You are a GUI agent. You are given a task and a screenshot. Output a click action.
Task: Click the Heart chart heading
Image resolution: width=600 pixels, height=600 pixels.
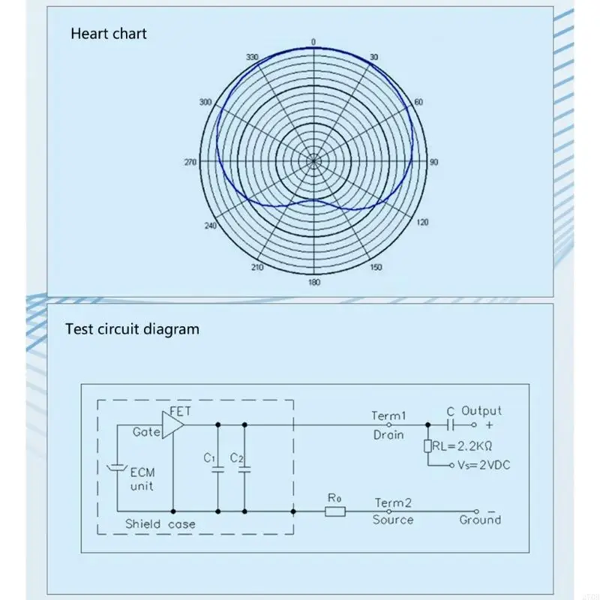(109, 33)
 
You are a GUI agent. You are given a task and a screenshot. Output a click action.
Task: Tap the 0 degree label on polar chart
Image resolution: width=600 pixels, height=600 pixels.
(313, 42)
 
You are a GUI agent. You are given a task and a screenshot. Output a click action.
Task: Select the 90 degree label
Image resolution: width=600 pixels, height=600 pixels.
(433, 162)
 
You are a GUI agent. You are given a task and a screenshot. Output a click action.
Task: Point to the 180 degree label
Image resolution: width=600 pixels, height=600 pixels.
(313, 283)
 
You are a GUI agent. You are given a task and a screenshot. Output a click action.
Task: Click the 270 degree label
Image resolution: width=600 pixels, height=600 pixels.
(190, 162)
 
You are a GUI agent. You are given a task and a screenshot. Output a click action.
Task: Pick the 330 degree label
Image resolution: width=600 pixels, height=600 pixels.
(251, 58)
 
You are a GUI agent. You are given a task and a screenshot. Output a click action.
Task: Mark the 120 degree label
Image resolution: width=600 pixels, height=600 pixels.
(422, 223)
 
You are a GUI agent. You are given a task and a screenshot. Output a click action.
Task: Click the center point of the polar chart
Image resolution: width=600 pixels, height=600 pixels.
(313, 160)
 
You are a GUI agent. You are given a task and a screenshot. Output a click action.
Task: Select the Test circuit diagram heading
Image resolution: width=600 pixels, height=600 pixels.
(132, 328)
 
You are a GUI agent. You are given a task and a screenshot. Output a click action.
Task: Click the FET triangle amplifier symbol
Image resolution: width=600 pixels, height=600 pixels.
(172, 424)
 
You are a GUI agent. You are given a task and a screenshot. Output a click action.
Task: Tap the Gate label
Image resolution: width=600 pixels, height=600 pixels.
(145, 432)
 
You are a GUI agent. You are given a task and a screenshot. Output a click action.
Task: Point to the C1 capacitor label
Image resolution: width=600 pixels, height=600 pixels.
(209, 457)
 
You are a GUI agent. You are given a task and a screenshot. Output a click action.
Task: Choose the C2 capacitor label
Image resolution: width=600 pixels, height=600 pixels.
(236, 457)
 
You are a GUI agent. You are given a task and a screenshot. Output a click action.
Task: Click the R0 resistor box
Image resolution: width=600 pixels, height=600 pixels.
(335, 511)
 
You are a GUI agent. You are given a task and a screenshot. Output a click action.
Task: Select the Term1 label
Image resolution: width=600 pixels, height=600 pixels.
(388, 415)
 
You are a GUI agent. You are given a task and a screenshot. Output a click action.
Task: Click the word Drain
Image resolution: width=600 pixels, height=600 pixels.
(388, 434)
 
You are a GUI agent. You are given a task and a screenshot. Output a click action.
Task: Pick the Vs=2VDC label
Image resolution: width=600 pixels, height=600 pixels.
(484, 465)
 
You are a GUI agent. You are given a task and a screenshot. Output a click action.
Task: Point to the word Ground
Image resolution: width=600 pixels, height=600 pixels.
(480, 519)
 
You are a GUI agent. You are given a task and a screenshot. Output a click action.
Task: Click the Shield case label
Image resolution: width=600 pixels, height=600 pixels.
(160, 523)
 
